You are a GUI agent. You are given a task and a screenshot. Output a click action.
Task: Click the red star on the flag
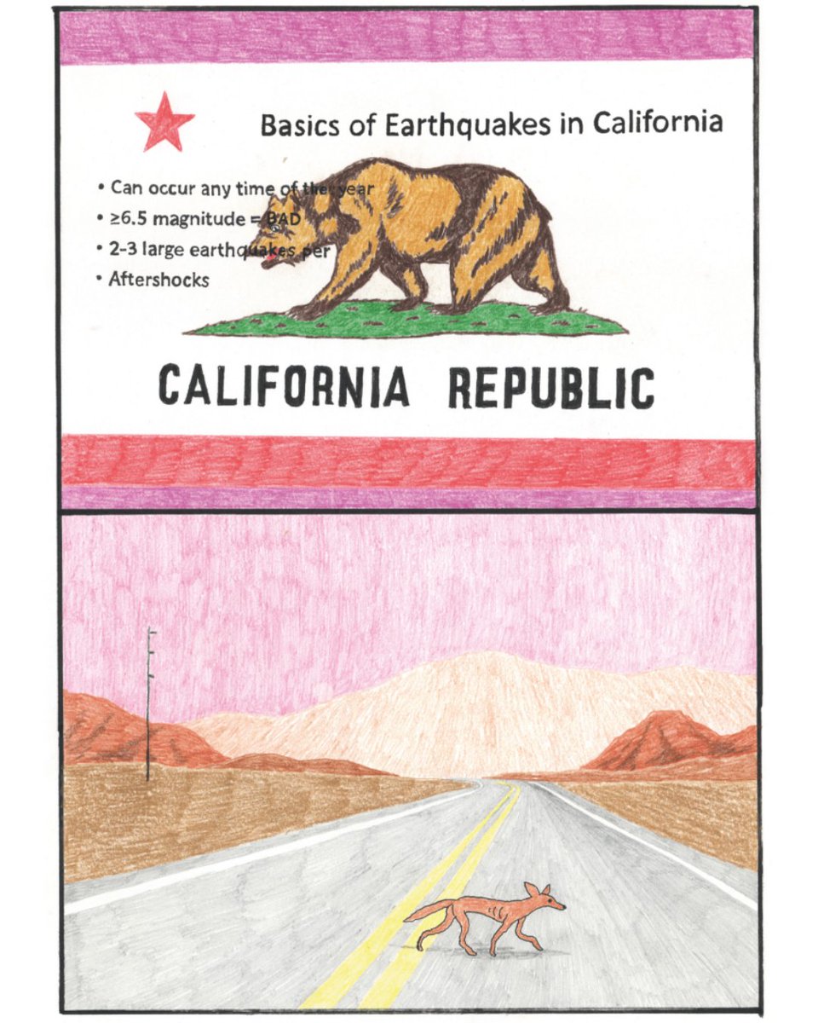point(164,121)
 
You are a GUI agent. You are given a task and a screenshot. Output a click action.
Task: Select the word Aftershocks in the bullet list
point(158,279)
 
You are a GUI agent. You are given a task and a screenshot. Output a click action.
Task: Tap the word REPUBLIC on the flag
point(551,387)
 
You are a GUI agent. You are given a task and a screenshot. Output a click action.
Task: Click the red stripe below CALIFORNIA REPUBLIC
point(409,462)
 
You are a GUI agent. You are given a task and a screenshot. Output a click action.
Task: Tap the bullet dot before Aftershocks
point(101,278)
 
